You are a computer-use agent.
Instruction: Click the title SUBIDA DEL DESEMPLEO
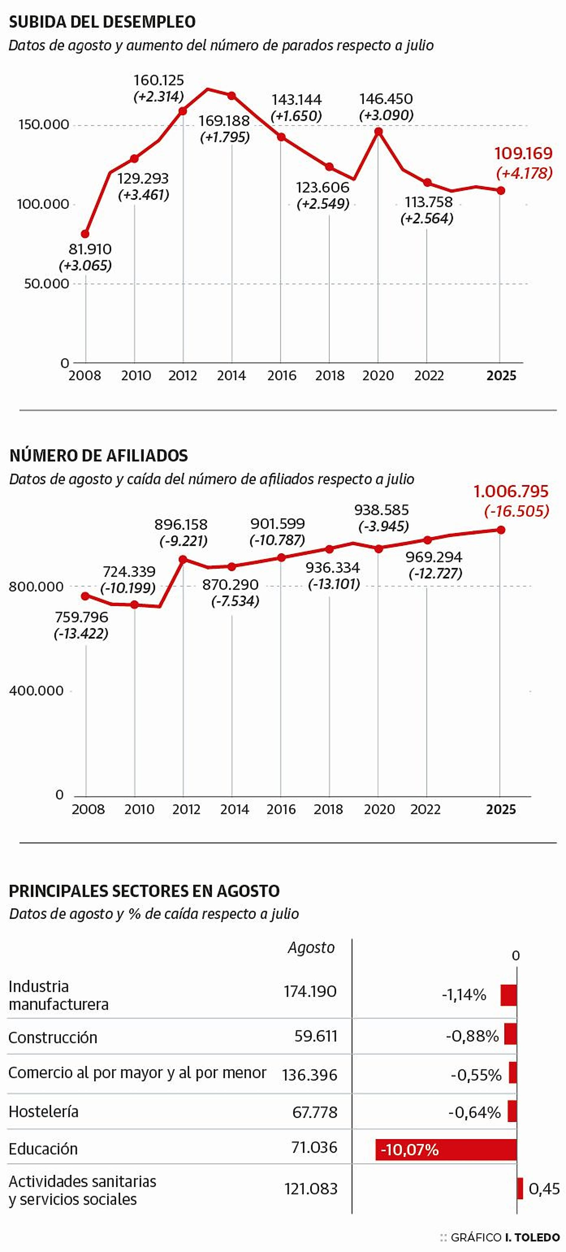click(102, 22)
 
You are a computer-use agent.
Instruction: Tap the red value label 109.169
click(523, 154)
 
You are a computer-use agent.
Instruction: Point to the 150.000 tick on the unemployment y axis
click(44, 125)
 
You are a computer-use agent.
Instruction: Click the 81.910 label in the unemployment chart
click(90, 249)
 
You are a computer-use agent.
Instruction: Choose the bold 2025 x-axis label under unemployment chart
click(501, 376)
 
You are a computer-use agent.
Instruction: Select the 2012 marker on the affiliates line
click(183, 559)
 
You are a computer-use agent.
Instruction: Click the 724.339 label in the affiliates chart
click(129, 572)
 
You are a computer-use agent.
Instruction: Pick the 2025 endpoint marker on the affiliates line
click(501, 530)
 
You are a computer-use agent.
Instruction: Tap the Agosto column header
click(311, 947)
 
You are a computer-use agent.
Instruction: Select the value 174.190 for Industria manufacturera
click(310, 992)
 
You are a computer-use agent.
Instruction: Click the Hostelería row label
click(43, 1112)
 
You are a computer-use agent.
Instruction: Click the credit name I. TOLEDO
click(532, 1238)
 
